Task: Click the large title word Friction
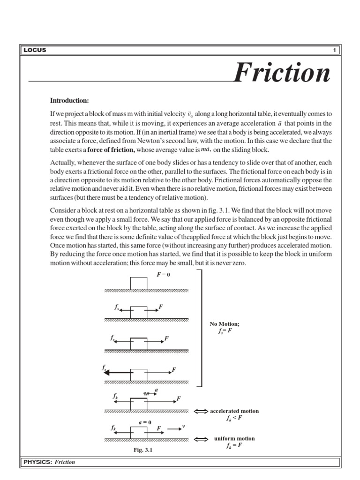point(282,74)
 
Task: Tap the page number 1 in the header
point(335,50)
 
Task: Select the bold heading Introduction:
point(69,100)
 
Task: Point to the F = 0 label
point(163,275)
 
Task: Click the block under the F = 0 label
point(138,284)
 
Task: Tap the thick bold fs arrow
point(117,372)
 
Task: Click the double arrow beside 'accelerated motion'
point(201,412)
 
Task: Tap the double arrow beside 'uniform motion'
point(201,439)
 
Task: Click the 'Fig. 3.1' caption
point(143,450)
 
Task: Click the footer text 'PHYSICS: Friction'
point(49,462)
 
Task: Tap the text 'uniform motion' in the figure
point(235,439)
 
